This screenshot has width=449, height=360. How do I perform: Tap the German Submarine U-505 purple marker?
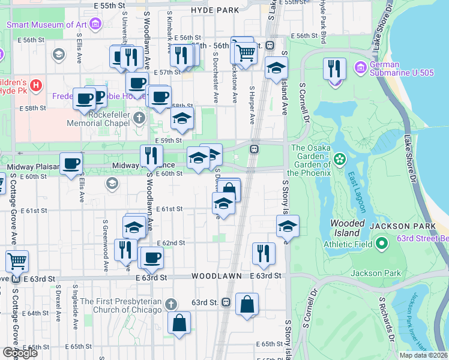coord(361,66)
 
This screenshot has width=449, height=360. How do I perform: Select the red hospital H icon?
coord(36,85)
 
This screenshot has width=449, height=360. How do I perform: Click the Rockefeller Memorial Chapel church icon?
coord(139,118)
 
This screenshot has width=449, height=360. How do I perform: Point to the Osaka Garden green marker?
coord(340,159)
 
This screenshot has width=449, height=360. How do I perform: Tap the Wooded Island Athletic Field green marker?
coord(382,244)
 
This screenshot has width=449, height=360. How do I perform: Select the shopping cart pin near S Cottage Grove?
coord(17,262)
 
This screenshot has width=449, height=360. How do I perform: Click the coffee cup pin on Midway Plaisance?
coord(71,164)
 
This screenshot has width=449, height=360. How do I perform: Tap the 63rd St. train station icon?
coord(226,302)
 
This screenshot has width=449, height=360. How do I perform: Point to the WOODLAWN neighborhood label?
coord(216,276)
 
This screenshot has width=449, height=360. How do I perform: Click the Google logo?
coord(20,353)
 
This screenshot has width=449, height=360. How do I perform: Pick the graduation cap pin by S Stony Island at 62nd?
coord(288,227)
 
